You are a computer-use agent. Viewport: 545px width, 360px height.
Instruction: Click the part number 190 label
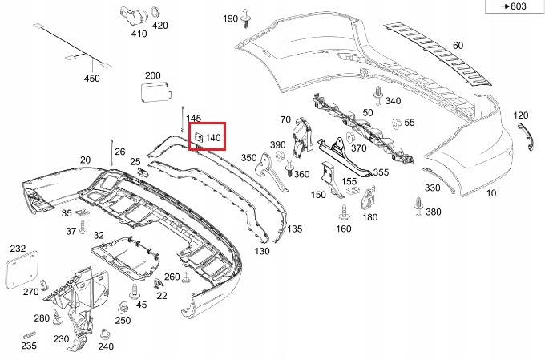tap(230, 18)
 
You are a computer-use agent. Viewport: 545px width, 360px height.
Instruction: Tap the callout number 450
tap(92, 79)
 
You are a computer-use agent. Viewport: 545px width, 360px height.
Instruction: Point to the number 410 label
tap(139, 34)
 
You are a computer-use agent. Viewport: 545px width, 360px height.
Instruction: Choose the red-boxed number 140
tap(212, 138)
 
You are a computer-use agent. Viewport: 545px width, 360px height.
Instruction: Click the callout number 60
tap(458, 46)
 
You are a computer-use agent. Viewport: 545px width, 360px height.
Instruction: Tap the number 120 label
tap(521, 115)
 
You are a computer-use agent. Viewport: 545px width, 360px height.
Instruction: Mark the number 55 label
tap(410, 123)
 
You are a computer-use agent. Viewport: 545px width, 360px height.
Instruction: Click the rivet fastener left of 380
tap(418, 205)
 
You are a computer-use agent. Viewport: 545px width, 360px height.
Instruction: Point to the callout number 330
tap(433, 188)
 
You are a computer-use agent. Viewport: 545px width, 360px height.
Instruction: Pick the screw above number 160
tap(344, 213)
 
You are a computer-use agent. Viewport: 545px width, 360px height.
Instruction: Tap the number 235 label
tap(29, 346)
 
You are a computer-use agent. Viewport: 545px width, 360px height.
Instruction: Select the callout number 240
tap(105, 346)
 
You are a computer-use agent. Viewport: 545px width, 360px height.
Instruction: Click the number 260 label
tap(172, 277)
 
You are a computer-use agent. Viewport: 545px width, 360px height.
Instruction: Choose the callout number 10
tap(491, 193)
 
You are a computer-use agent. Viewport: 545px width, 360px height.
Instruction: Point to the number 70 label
tap(285, 119)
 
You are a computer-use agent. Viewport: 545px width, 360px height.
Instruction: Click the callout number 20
tap(85, 160)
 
